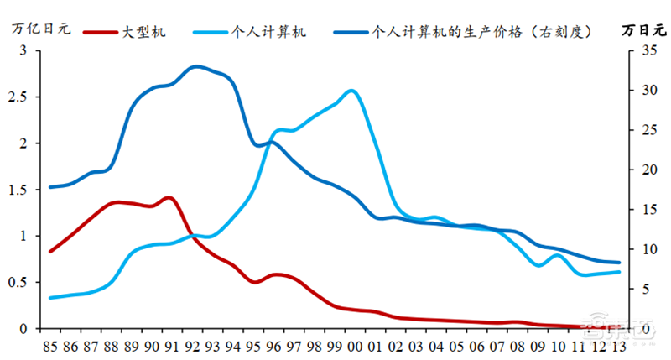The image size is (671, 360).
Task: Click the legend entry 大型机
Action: [143, 31]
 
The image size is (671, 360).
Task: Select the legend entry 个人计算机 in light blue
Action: [273, 31]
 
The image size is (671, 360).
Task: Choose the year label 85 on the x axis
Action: [52, 345]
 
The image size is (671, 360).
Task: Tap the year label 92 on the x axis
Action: [194, 345]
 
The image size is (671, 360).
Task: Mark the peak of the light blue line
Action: [351, 91]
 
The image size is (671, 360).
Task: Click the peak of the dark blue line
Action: [196, 66]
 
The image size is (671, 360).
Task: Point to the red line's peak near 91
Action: [169, 197]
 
